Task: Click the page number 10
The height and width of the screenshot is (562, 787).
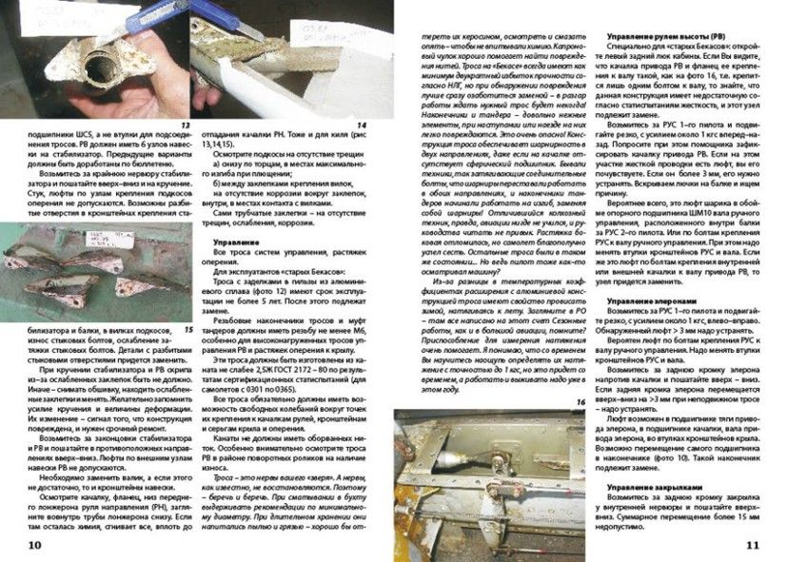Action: point(33,544)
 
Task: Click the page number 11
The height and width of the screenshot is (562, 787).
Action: point(751,544)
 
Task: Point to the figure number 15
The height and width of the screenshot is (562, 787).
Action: point(187,329)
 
